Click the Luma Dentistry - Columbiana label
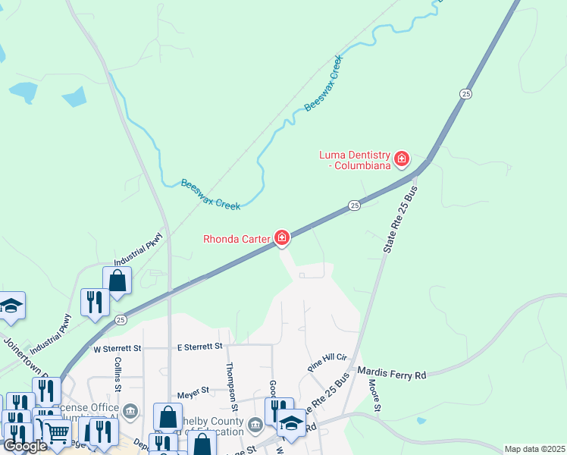click(353, 159)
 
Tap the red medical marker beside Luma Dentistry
click(402, 159)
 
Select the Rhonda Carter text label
click(237, 239)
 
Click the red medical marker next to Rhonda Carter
click(282, 239)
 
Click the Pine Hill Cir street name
click(327, 361)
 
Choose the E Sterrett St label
click(199, 347)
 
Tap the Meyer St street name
click(193, 391)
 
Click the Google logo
click(25, 446)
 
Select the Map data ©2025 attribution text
click(534, 449)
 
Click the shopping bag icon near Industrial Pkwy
click(117, 280)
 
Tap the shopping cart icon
click(57, 432)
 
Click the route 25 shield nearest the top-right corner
click(465, 93)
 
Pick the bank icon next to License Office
click(130, 413)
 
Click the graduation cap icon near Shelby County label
click(290, 422)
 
